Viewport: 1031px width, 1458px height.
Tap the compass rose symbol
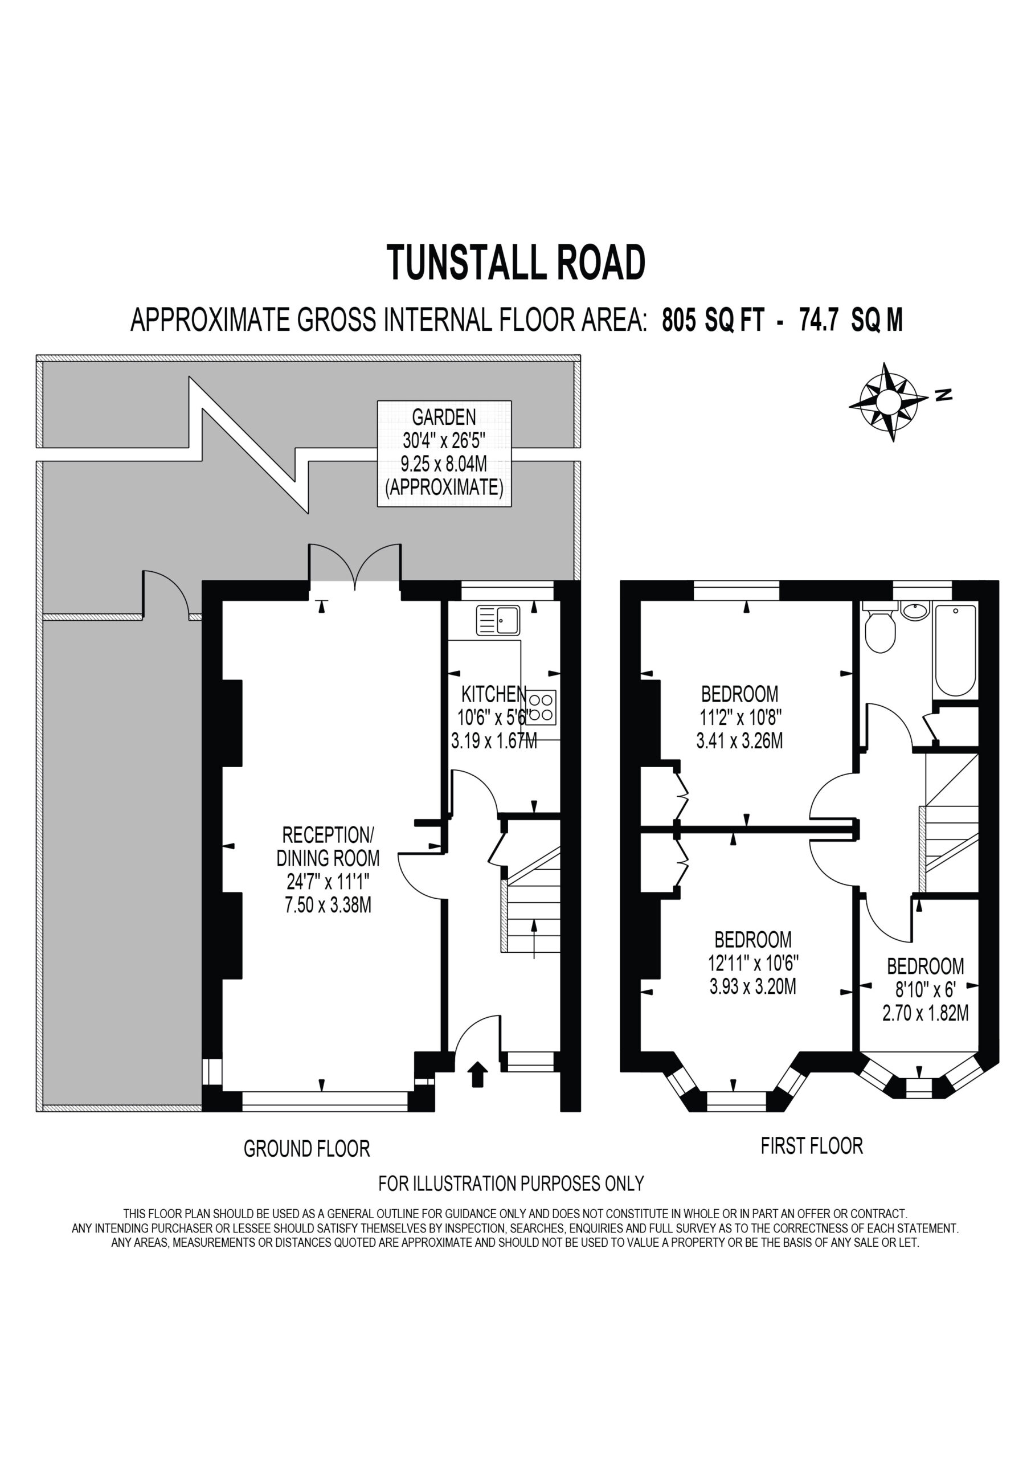pyautogui.click(x=888, y=402)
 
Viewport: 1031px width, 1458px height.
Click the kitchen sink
pyautogui.click(x=498, y=620)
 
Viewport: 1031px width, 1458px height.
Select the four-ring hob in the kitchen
pyautogui.click(x=541, y=707)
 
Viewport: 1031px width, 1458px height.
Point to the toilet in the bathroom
pyautogui.click(x=880, y=628)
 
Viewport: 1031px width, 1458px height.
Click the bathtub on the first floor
pyautogui.click(x=956, y=650)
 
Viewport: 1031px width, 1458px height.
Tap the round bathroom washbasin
pyautogui.click(x=915, y=611)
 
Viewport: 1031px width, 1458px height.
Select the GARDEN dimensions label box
pyautogui.click(x=444, y=453)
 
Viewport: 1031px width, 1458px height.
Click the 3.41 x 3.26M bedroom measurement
pyautogui.click(x=739, y=740)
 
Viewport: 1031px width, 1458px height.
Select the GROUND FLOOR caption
pyautogui.click(x=307, y=1148)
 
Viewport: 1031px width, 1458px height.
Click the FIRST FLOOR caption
pyautogui.click(x=812, y=1145)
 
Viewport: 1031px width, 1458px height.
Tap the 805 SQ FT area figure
pyautogui.click(x=713, y=320)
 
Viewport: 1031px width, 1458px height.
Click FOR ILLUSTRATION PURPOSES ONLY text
pyautogui.click(x=512, y=1183)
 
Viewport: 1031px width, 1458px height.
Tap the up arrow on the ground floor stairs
pyautogui.click(x=534, y=939)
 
